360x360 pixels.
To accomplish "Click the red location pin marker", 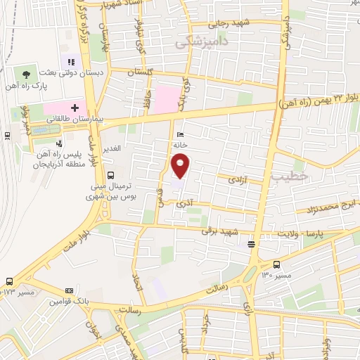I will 181,165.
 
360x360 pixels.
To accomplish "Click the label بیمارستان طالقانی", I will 75,120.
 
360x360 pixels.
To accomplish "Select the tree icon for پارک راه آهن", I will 27,74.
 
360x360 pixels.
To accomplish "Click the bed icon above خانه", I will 181,134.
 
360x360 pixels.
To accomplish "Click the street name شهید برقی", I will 221,230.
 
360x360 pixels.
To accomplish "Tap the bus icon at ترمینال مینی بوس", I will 110,175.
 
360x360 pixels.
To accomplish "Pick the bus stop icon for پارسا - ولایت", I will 251,245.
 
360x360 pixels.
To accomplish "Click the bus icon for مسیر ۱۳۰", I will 276,265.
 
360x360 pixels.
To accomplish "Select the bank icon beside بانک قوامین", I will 69,290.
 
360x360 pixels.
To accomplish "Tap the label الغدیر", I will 112,149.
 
